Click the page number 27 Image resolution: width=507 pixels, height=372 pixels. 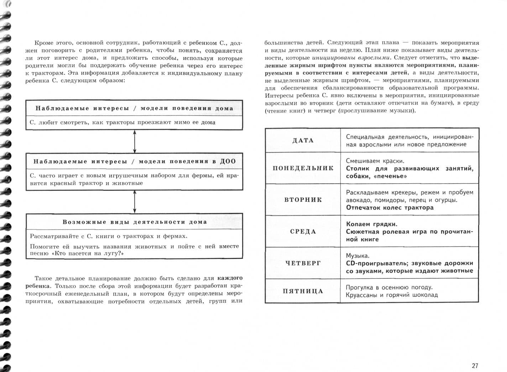click(475, 366)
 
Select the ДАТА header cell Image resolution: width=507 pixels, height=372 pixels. click(303, 140)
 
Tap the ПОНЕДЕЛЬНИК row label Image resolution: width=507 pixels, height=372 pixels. click(303, 168)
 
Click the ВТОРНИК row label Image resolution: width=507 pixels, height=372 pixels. click(303, 200)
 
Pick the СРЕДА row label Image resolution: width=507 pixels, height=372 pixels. click(303, 231)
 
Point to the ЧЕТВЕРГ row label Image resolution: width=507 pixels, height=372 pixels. click(303, 263)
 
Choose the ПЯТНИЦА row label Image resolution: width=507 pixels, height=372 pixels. click(303, 291)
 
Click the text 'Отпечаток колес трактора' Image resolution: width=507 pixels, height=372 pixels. click(390, 208)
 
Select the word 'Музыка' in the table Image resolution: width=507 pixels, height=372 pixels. click(357, 256)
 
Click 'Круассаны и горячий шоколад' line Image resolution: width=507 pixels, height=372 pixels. click(392, 295)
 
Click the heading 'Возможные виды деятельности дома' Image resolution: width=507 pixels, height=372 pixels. click(134, 222)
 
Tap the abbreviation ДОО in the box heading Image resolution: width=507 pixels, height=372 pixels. click(228, 161)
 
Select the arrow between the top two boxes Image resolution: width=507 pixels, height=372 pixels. click(135, 142)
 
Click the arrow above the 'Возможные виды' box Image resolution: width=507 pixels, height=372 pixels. click(135, 201)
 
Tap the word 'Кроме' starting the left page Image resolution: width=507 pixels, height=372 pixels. click(43, 43)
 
